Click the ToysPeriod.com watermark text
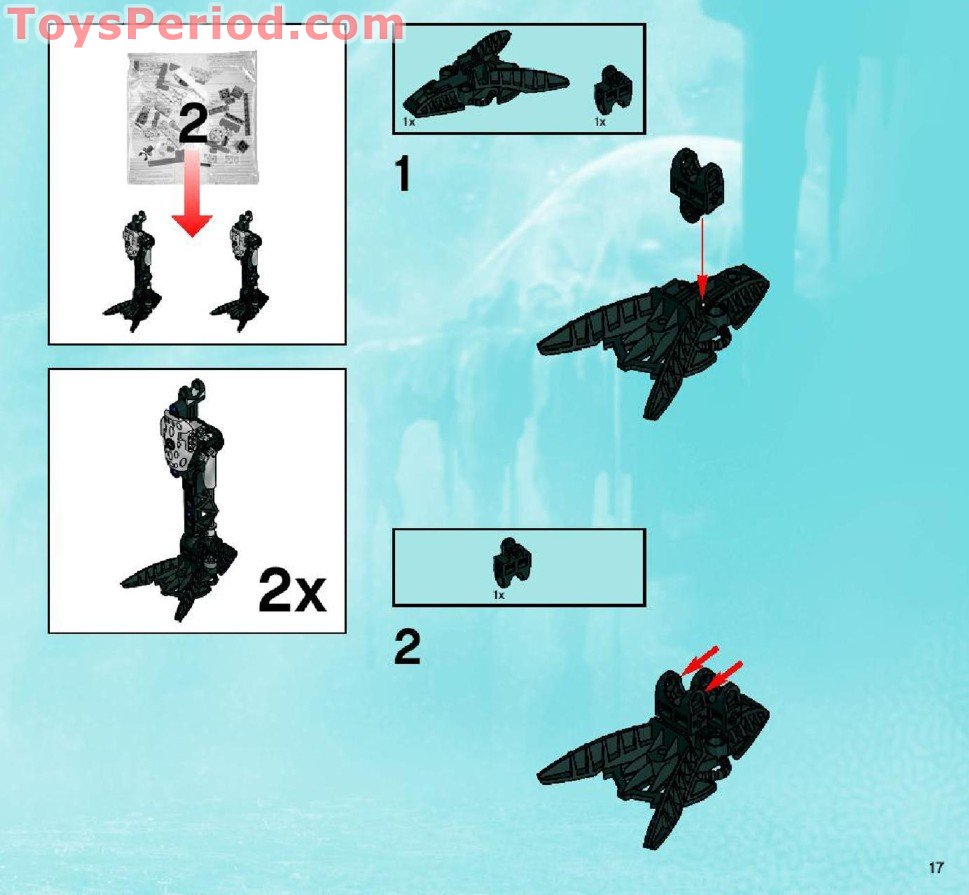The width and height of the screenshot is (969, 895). (205, 24)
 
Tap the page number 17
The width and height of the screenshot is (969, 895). (936, 867)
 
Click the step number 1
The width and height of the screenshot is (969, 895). (402, 174)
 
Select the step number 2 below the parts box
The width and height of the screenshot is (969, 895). (407, 649)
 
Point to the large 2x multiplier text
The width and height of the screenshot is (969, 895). (292, 590)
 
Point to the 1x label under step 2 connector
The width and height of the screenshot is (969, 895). (499, 595)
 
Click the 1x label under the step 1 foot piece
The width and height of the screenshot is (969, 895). (409, 122)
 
